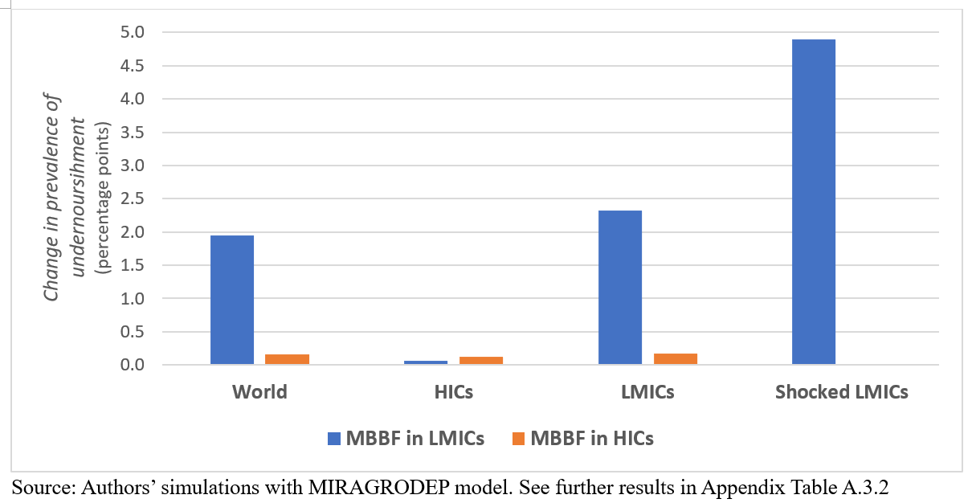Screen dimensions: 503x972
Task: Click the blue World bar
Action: [x=232, y=300]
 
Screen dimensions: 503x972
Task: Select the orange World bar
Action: [x=287, y=360]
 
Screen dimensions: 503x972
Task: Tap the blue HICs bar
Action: [x=426, y=362]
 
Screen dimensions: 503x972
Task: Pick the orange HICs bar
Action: [x=480, y=361]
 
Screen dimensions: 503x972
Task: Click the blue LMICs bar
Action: [x=619, y=288]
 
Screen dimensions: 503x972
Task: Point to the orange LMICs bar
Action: [x=675, y=359]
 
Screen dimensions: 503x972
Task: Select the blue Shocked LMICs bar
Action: [x=814, y=202]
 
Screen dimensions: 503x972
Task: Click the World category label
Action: [x=259, y=392]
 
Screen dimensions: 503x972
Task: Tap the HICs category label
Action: [x=453, y=392]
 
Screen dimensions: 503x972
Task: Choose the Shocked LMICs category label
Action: [x=841, y=392]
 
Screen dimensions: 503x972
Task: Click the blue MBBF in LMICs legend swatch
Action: [x=335, y=439]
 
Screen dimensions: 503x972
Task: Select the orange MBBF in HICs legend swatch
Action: [x=518, y=439]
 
